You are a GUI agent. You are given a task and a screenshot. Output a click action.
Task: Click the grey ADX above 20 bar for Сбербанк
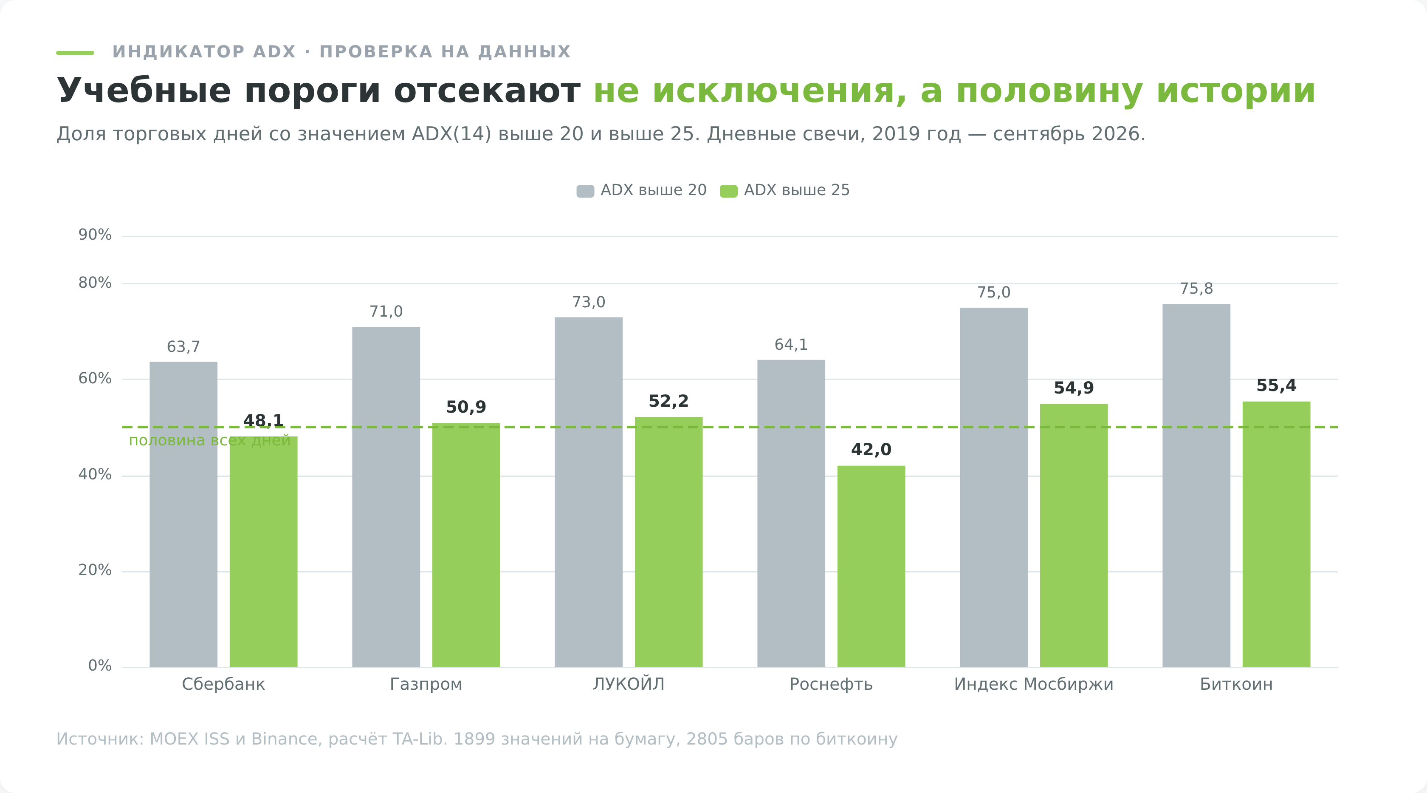[x=183, y=514]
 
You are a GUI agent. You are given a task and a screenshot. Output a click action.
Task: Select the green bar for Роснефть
[x=871, y=566]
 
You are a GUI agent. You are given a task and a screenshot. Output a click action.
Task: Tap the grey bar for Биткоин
[x=1196, y=485]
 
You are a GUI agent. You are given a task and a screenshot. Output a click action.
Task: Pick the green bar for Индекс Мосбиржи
[x=1074, y=535]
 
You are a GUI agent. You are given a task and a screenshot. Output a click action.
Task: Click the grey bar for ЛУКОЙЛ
[x=588, y=492]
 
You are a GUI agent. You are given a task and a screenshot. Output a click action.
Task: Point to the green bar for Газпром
[x=466, y=545]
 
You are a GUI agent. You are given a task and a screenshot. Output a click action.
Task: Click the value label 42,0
[x=871, y=450]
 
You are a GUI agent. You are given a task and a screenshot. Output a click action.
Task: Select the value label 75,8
[x=1196, y=289]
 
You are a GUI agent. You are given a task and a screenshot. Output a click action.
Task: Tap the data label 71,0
[x=386, y=312]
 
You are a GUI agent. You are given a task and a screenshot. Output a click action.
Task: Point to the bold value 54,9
[x=1074, y=388]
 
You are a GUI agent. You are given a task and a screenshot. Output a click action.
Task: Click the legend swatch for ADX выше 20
[x=585, y=191]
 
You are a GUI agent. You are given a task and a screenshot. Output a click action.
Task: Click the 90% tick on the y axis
[x=95, y=235]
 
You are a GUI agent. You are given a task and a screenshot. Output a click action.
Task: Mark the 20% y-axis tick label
[x=95, y=570]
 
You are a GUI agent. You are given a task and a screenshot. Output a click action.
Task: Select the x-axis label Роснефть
[x=831, y=684]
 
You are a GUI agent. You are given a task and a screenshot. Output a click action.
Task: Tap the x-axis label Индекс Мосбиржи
[x=1034, y=684]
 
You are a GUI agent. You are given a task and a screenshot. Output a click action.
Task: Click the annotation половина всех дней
[x=209, y=441]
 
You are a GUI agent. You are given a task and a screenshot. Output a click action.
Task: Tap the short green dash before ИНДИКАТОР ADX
[x=75, y=53]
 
